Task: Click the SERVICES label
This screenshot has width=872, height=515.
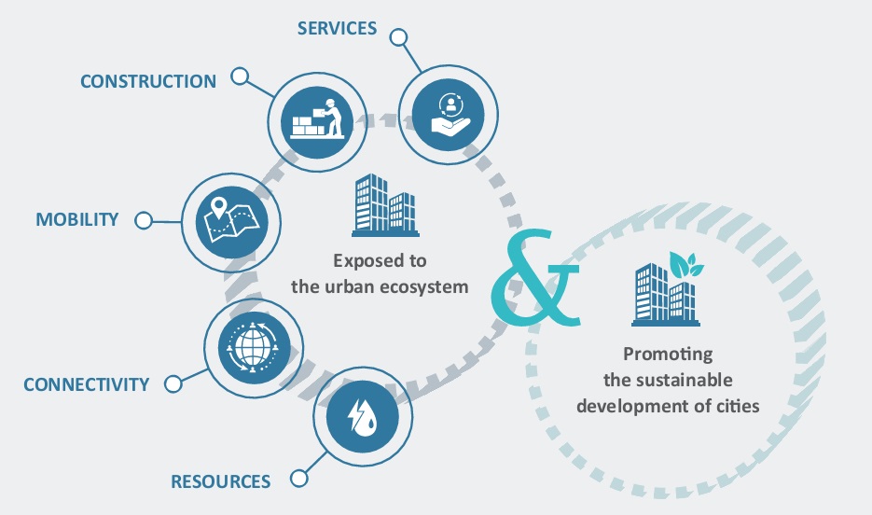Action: coord(337,28)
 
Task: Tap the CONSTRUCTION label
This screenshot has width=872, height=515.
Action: coord(148,81)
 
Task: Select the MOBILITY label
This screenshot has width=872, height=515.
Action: coord(77,220)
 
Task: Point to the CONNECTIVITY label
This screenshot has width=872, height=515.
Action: coord(87,384)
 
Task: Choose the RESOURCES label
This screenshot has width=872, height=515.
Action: coord(220,481)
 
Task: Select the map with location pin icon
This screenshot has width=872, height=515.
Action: coord(228,220)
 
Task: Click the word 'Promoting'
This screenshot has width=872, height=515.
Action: coord(667,355)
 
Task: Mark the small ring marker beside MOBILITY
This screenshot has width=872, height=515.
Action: coord(143,221)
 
